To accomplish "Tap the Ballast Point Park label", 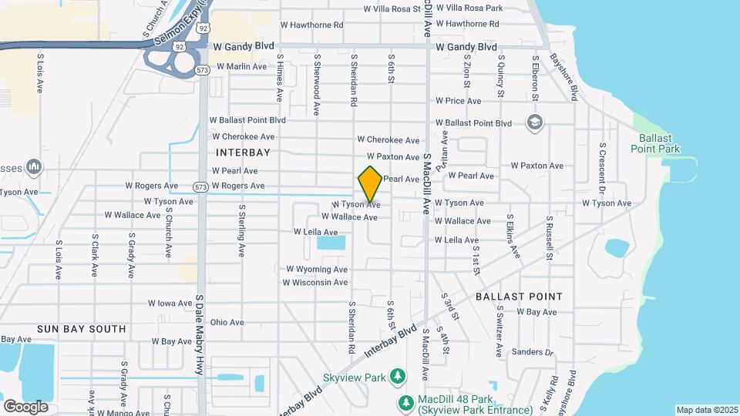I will tap(654, 143).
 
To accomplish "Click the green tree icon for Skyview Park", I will tap(398, 376).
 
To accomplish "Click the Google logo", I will tap(25, 406).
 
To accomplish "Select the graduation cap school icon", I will tap(533, 122).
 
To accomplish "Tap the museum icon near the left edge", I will tap(33, 166).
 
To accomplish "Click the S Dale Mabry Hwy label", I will tap(200, 334).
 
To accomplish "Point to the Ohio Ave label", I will tap(227, 323).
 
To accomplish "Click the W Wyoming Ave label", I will tap(317, 270).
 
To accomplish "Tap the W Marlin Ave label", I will tap(241, 66).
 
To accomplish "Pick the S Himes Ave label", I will tap(280, 77).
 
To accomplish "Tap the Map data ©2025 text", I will tap(707, 410).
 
